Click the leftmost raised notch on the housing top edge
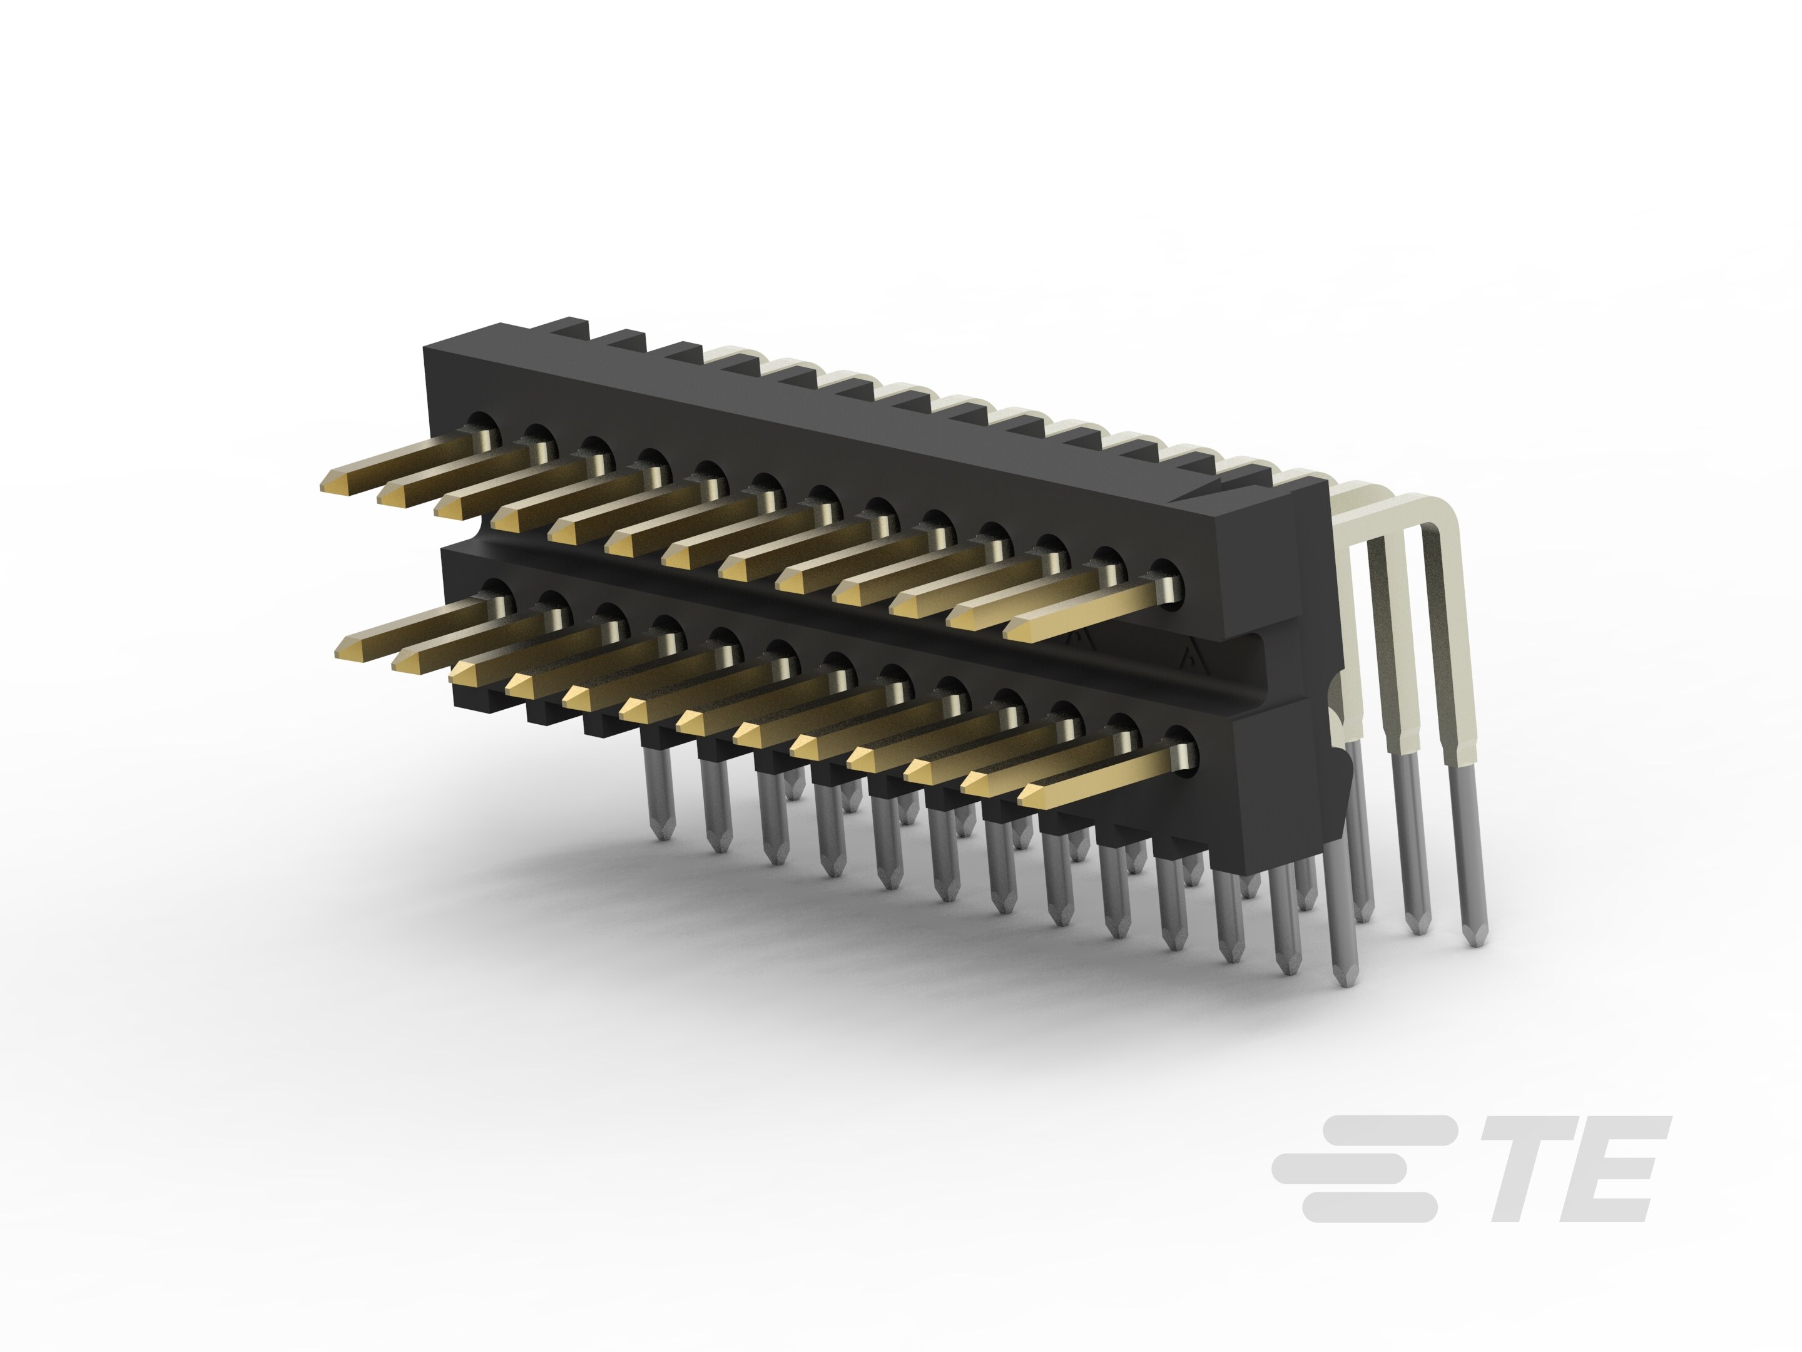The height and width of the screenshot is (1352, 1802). click(x=570, y=329)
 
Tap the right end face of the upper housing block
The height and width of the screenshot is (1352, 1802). click(x=1259, y=570)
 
